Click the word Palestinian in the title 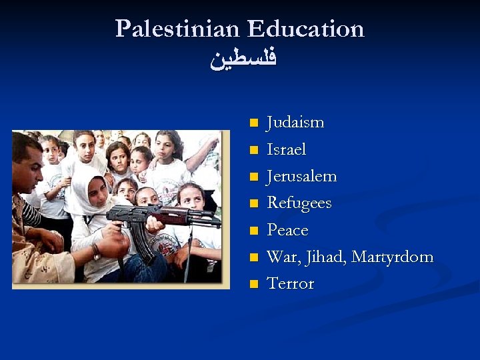[177, 29]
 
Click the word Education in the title [306, 29]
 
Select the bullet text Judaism [295, 123]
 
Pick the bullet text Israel [286, 149]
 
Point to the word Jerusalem [301, 177]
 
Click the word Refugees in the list [299, 203]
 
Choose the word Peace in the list [287, 230]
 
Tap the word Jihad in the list [325, 257]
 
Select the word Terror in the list [290, 283]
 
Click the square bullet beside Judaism [253, 123]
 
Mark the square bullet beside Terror [253, 284]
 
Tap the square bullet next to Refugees [253, 203]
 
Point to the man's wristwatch [96, 253]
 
